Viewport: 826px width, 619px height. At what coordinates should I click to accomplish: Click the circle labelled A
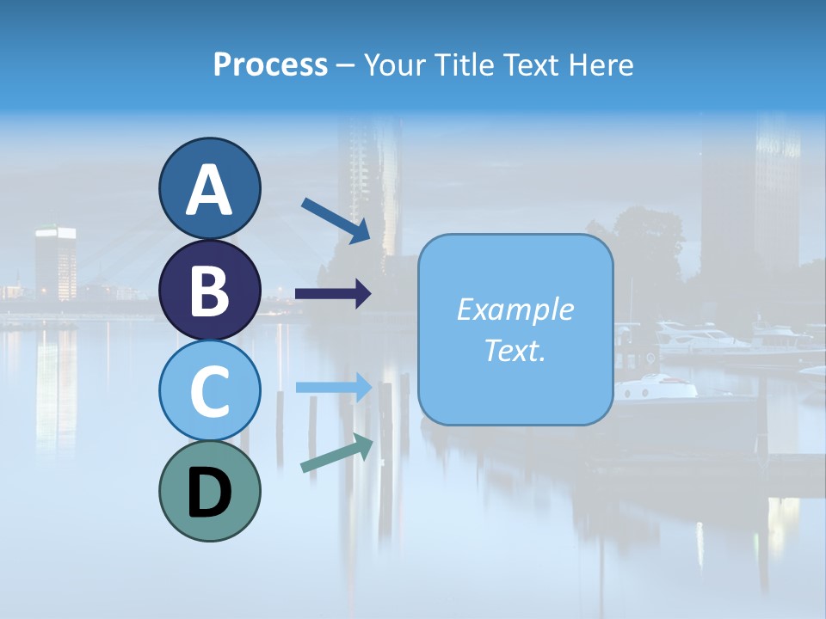pos(209,189)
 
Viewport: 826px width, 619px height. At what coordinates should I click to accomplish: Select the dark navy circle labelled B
pos(209,291)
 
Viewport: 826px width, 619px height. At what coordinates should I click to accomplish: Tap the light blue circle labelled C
pos(209,391)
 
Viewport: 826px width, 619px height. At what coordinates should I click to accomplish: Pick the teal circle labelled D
pos(209,491)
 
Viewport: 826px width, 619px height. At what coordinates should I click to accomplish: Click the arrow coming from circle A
pos(336,220)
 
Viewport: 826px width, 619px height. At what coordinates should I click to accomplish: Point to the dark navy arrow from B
pos(333,294)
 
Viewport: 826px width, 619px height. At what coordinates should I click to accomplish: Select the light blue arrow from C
pos(334,388)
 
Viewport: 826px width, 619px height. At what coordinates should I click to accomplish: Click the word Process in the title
pos(270,65)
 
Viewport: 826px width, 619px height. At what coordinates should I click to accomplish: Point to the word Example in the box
pos(515,309)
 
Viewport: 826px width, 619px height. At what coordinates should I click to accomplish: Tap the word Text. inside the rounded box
pos(515,350)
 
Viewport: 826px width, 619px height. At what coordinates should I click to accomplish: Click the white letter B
pos(209,291)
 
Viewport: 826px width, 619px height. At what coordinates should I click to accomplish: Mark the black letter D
pos(209,493)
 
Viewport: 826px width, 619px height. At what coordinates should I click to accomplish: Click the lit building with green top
pos(55,261)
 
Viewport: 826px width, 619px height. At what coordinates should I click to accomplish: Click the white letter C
pos(209,391)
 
